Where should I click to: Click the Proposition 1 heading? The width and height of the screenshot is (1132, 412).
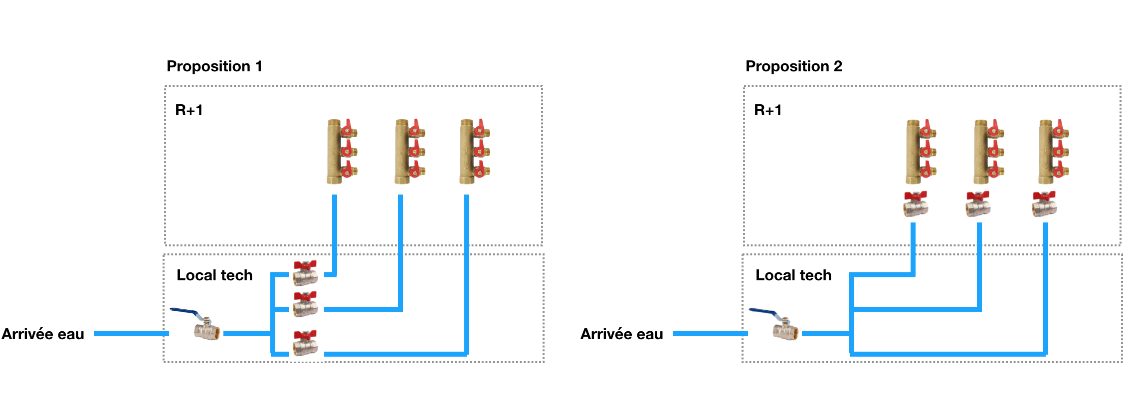[x=214, y=66]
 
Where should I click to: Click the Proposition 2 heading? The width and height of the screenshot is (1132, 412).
[x=793, y=66]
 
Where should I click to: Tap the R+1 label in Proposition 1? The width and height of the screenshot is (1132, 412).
[x=189, y=110]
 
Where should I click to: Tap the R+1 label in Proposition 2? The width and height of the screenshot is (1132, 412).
[x=768, y=110]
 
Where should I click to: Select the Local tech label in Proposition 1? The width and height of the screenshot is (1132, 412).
[x=214, y=275]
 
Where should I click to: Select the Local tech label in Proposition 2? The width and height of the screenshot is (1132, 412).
[x=793, y=275]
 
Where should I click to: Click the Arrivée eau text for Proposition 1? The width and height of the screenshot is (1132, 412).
[x=43, y=334]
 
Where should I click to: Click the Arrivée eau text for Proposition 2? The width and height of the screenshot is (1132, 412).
[x=622, y=334]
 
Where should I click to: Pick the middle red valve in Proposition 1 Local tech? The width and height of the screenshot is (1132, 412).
[x=305, y=304]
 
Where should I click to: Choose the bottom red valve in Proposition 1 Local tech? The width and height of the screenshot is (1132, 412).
[x=305, y=343]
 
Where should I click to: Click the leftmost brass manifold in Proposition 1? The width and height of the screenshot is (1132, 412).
[x=342, y=151]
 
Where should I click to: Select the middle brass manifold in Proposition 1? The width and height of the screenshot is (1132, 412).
[x=409, y=151]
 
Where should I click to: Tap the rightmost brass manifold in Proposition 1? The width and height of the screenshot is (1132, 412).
[x=474, y=151]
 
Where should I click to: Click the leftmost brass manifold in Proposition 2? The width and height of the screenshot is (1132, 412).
[x=921, y=151]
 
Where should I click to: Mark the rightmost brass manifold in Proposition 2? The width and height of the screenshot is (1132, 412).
[x=1053, y=151]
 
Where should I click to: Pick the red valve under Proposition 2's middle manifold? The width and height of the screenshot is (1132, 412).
[x=978, y=204]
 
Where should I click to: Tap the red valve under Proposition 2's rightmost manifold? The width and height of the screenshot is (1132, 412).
[x=1044, y=204]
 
